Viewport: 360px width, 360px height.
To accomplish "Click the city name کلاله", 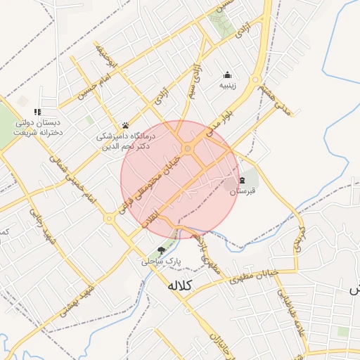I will (181, 286).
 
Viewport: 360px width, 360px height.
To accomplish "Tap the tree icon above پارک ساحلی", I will (162, 250).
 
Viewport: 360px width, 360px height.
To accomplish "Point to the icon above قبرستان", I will (243, 180).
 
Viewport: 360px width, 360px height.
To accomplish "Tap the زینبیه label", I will (228, 86).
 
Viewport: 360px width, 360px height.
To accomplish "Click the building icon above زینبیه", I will (228, 75).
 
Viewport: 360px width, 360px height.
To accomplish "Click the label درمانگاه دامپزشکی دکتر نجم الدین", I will (126, 141).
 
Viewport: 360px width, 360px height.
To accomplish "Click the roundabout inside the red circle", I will (188, 148).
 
